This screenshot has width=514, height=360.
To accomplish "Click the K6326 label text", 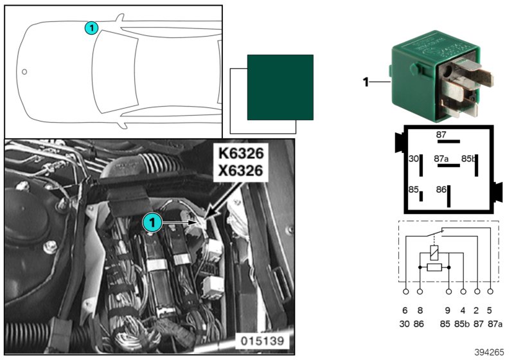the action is pyautogui.click(x=241, y=154).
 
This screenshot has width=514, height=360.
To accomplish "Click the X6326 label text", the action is pyautogui.click(x=241, y=170).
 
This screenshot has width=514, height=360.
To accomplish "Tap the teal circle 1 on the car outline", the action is pyautogui.click(x=91, y=28).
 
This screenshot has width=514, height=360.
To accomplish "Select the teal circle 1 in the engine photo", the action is pyautogui.click(x=152, y=223).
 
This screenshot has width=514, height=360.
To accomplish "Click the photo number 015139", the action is pyautogui.click(x=262, y=341).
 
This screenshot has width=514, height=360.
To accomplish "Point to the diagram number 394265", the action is pyautogui.click(x=489, y=352).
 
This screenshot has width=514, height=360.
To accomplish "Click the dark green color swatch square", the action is pyautogui.click(x=280, y=87).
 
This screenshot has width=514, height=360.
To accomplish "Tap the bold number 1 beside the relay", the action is pyautogui.click(x=366, y=82).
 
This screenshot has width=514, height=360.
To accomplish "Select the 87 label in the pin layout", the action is pyautogui.click(x=441, y=134).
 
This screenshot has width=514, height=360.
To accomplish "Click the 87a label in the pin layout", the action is pyautogui.click(x=441, y=159).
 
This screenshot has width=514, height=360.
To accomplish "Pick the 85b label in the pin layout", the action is pyautogui.click(x=468, y=159).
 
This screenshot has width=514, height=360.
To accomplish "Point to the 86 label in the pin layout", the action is pyautogui.click(x=441, y=190).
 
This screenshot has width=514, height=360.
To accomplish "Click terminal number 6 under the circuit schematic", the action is pyautogui.click(x=405, y=310).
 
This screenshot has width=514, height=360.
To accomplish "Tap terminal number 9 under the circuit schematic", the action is pyautogui.click(x=448, y=310).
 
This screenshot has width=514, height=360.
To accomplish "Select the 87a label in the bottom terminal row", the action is pyautogui.click(x=495, y=324).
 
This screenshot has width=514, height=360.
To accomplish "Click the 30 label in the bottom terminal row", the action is pyautogui.click(x=405, y=324).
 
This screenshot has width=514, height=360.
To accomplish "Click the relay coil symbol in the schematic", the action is pyautogui.click(x=434, y=253).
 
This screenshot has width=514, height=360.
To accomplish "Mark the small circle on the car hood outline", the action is pyautogui.click(x=24, y=71).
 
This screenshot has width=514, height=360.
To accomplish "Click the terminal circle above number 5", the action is pyautogui.click(x=490, y=291).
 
